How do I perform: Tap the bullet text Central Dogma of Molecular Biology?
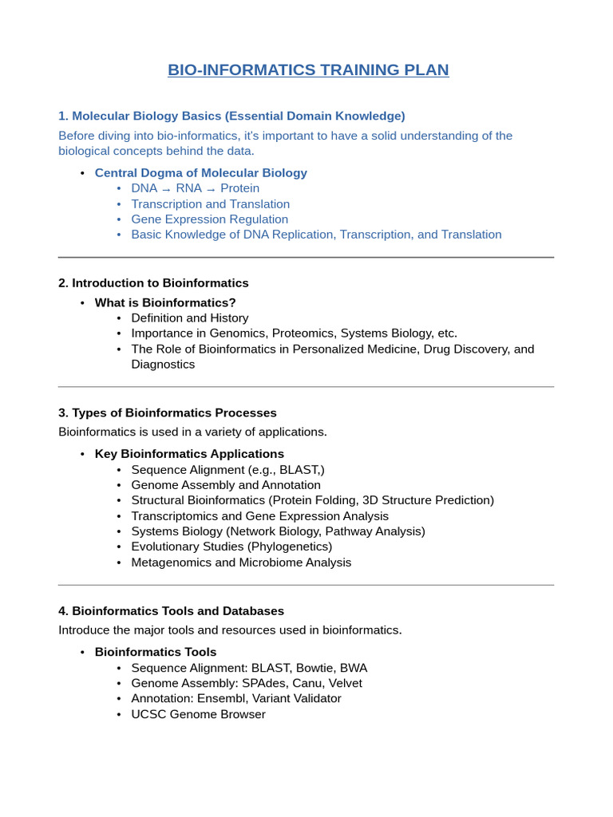(x=200, y=173)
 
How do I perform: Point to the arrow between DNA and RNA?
(x=166, y=189)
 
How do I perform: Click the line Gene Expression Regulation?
(x=209, y=219)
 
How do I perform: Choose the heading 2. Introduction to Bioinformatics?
(x=153, y=283)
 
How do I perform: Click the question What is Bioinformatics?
(x=165, y=303)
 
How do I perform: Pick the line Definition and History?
(x=191, y=318)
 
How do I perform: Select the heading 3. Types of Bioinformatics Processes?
(x=168, y=413)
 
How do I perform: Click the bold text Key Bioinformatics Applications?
(x=189, y=454)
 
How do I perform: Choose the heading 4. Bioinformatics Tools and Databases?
(x=171, y=611)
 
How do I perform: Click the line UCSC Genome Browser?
(x=198, y=714)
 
